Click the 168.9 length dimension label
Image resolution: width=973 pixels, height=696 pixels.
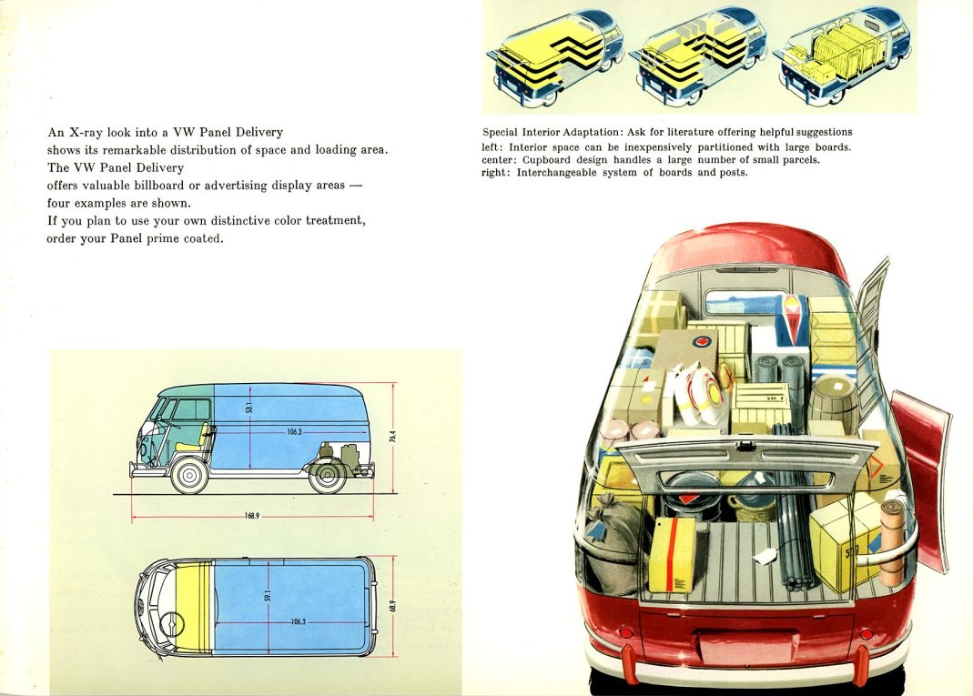coord(251,516)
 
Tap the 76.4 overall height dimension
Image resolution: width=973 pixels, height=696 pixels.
coord(393,436)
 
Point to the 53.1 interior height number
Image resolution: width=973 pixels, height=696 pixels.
coord(249,408)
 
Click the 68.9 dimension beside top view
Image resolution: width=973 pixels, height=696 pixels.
coord(393,605)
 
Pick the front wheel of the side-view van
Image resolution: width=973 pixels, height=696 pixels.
coord(189,475)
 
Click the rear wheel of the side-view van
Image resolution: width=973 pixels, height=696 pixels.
coord(328,475)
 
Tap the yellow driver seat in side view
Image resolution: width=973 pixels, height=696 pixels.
coord(194,439)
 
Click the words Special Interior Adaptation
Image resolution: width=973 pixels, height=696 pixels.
coord(551,132)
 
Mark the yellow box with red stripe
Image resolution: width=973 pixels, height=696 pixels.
coord(672,553)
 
